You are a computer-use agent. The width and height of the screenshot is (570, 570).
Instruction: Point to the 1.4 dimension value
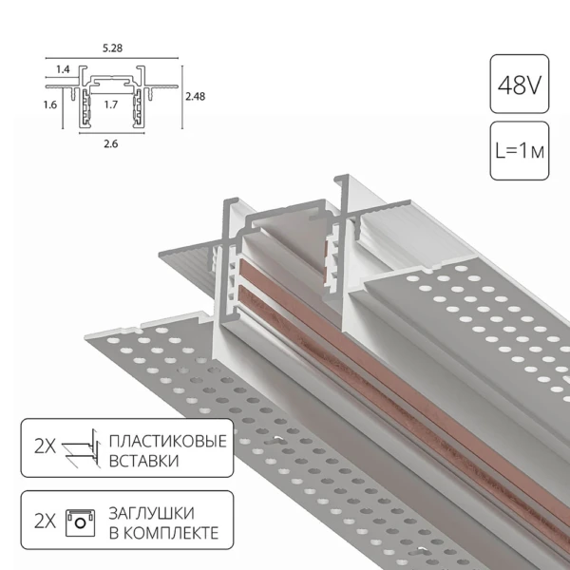63,69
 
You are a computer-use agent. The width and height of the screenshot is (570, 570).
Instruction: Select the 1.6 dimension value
48,104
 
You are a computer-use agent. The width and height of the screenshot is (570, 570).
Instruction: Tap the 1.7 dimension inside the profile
110,105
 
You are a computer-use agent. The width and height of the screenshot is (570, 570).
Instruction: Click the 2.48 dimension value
195,96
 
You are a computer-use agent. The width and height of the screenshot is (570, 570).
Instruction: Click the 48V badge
519,86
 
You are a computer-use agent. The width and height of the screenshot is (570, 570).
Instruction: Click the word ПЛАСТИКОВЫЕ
167,443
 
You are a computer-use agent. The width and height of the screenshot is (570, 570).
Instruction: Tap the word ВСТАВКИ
143,462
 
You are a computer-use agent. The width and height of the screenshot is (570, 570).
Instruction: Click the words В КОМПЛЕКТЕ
164,532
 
